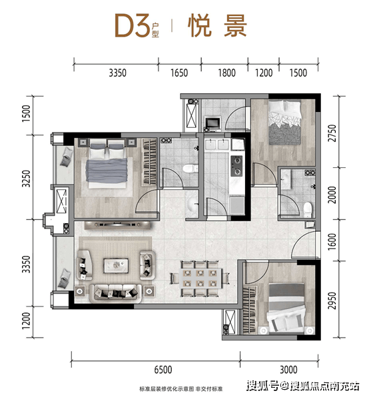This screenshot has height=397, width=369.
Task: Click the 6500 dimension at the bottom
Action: click(163, 370)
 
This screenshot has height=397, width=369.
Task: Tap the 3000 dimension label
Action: click(288, 370)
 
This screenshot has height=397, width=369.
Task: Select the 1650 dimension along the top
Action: click(179, 73)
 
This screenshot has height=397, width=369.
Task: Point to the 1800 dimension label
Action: click(226, 73)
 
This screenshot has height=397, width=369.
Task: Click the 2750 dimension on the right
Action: click(332, 133)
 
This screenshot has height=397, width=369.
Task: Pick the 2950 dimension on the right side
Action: click(332, 300)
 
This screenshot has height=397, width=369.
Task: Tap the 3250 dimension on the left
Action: click(26, 179)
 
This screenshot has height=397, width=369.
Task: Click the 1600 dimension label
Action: click(332, 242)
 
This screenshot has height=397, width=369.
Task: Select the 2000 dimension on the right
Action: click(332, 195)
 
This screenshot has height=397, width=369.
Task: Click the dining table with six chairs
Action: click(200, 278)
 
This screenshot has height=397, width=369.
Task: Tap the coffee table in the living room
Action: click(116, 265)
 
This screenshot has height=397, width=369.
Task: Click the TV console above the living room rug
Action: click(118, 225)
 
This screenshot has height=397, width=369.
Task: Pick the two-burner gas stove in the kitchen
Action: click(236, 166)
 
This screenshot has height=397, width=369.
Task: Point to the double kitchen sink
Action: click(217, 145)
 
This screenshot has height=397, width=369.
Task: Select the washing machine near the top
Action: click(212, 123)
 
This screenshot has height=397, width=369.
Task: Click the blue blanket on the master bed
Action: click(107, 170)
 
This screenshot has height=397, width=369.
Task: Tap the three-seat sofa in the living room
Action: click(116, 292)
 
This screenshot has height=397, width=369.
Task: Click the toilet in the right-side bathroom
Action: click(307, 209)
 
